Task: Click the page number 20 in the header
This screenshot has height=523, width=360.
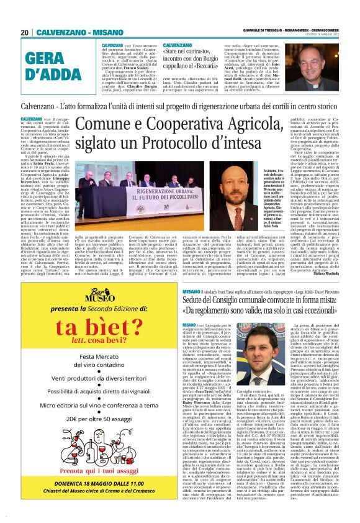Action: coord(25,32)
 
